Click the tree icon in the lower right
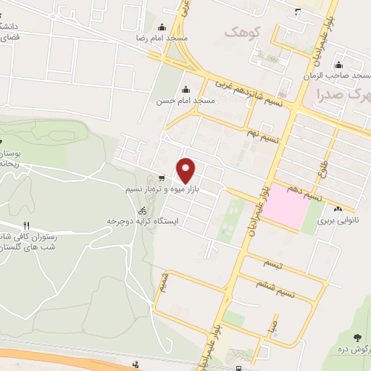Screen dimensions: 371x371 click(357, 338)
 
